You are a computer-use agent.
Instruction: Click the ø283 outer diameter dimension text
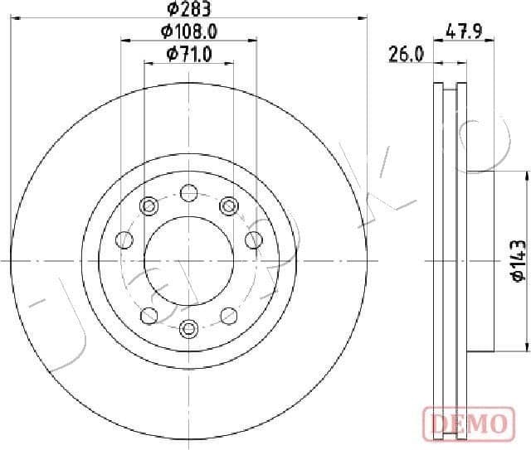[x=188, y=10]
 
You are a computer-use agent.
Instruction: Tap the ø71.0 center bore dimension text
[x=189, y=54]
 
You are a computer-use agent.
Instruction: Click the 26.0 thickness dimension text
[x=407, y=55]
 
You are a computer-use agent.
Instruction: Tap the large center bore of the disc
[x=188, y=259]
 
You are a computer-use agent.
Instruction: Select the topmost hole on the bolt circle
[x=188, y=196]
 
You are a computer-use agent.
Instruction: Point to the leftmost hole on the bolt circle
[x=125, y=240]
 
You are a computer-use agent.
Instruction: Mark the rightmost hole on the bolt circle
[x=253, y=240]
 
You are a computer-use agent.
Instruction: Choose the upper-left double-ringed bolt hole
[x=149, y=205]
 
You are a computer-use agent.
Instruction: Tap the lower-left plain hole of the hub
[x=149, y=314]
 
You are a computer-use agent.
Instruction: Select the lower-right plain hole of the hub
[x=228, y=314]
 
